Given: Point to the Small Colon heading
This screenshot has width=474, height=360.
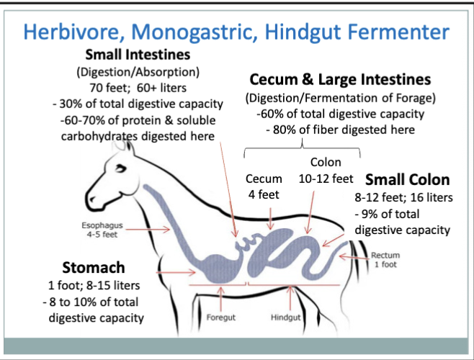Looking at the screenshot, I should click(408, 179).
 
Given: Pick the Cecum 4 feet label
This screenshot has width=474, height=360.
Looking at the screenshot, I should click(264, 185).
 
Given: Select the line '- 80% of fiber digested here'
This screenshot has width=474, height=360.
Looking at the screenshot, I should click(340, 129).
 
